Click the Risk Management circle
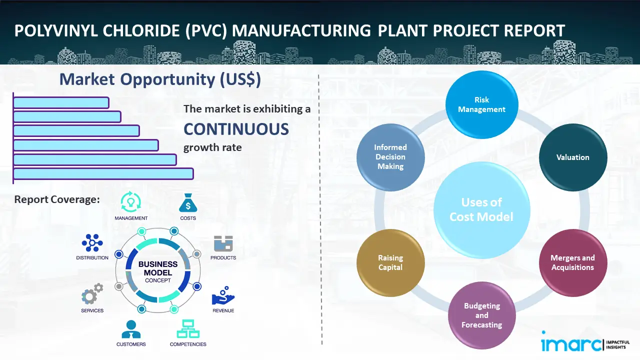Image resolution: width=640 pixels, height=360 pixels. coord(481,105)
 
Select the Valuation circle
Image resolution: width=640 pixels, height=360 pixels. coord(573,157)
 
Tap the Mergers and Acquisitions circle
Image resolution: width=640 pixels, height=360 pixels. coord(573,262)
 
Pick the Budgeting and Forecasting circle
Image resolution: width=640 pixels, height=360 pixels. coord(481,315)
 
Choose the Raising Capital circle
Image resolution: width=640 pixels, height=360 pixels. coord(390,262)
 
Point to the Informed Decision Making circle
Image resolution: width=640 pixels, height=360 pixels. coord(390,157)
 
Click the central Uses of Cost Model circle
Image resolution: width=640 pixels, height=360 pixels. coord(481,209)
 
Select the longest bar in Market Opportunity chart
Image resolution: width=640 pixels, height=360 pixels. coord(103,173)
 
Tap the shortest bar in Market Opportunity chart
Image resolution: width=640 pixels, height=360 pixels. coord(61,102)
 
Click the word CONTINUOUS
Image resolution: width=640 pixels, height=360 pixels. coord(236,129)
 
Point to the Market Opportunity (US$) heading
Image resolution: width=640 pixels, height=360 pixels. coord(160,79)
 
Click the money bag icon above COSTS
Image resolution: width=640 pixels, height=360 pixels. coord(188,203)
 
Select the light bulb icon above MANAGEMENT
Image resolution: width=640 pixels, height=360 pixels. coord(131,202)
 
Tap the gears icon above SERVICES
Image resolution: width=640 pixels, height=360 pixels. coord(92,294)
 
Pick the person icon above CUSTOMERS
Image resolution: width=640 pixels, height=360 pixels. coord(131,329)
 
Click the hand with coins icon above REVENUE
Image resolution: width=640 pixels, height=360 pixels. coord(223,296)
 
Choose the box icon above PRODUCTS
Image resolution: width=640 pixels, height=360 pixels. coord(223,243)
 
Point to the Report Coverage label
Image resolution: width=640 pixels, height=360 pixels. coord(57,199)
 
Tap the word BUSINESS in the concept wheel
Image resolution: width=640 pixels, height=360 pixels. coord(158,264)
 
